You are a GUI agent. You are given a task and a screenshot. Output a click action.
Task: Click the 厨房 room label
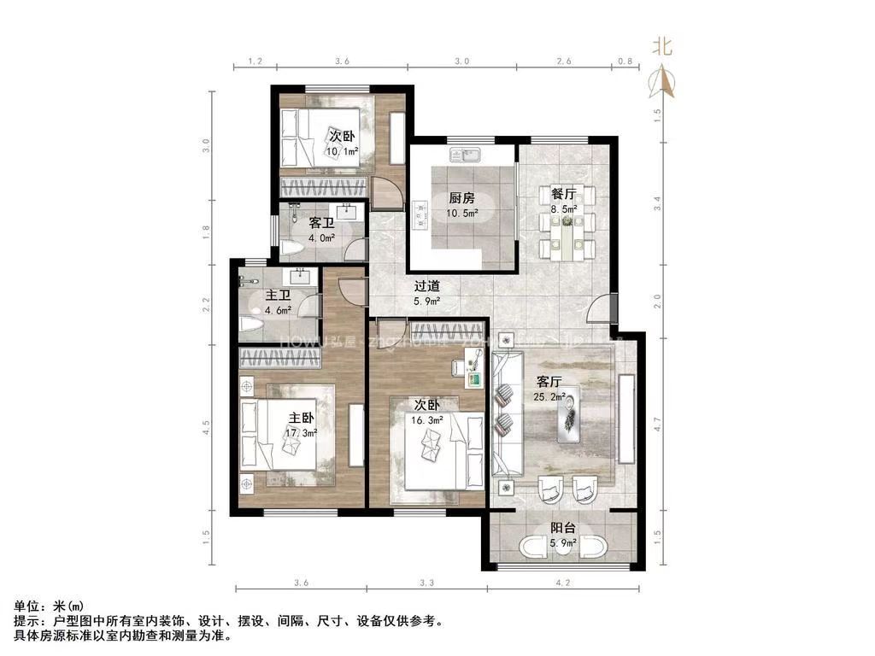click(462, 198)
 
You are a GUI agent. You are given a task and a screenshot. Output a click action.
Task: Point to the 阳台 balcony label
click(561, 528)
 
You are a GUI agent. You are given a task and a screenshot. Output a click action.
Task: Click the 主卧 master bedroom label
click(301, 418)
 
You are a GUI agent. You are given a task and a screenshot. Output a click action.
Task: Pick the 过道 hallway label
click(426, 287)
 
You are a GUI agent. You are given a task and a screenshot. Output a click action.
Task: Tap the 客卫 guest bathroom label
click(321, 222)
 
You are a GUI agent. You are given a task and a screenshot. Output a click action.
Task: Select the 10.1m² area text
click(341, 152)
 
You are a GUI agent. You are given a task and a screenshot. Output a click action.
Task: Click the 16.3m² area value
click(428, 420)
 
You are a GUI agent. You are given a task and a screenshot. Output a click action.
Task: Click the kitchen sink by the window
click(467, 155)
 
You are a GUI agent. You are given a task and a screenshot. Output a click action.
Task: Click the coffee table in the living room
click(568, 414)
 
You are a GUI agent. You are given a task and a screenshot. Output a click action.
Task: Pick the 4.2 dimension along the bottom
click(562, 583)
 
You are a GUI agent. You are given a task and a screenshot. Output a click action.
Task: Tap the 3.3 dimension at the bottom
click(427, 583)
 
